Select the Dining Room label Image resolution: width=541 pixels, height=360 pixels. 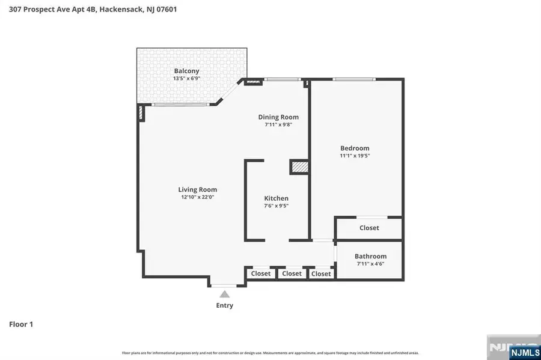tap(278, 117)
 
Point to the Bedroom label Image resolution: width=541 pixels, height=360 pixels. tap(355, 148)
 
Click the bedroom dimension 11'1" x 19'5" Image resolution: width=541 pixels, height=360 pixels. tap(355, 156)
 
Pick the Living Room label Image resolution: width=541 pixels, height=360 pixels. tap(197, 189)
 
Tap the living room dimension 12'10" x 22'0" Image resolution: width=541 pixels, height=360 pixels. tap(197, 197)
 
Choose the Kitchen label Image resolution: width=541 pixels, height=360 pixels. tap(277, 198)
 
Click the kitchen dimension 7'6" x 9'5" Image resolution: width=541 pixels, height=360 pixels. tap(277, 206)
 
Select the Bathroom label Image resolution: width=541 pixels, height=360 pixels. tap(370, 256)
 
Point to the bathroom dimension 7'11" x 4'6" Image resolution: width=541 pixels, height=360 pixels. tap(370, 264)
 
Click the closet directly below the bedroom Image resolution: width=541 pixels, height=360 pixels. tap(369, 228)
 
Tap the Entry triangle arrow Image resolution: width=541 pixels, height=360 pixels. tap(224, 294)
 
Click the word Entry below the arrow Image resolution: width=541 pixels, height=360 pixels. tap(224, 305)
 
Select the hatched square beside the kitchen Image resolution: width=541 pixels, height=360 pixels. tap(299, 167)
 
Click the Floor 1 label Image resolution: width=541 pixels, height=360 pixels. tap(21, 325)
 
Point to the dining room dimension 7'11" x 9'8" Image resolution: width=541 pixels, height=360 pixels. tap(278, 125)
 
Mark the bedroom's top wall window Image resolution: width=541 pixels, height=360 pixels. tap(355, 79)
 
